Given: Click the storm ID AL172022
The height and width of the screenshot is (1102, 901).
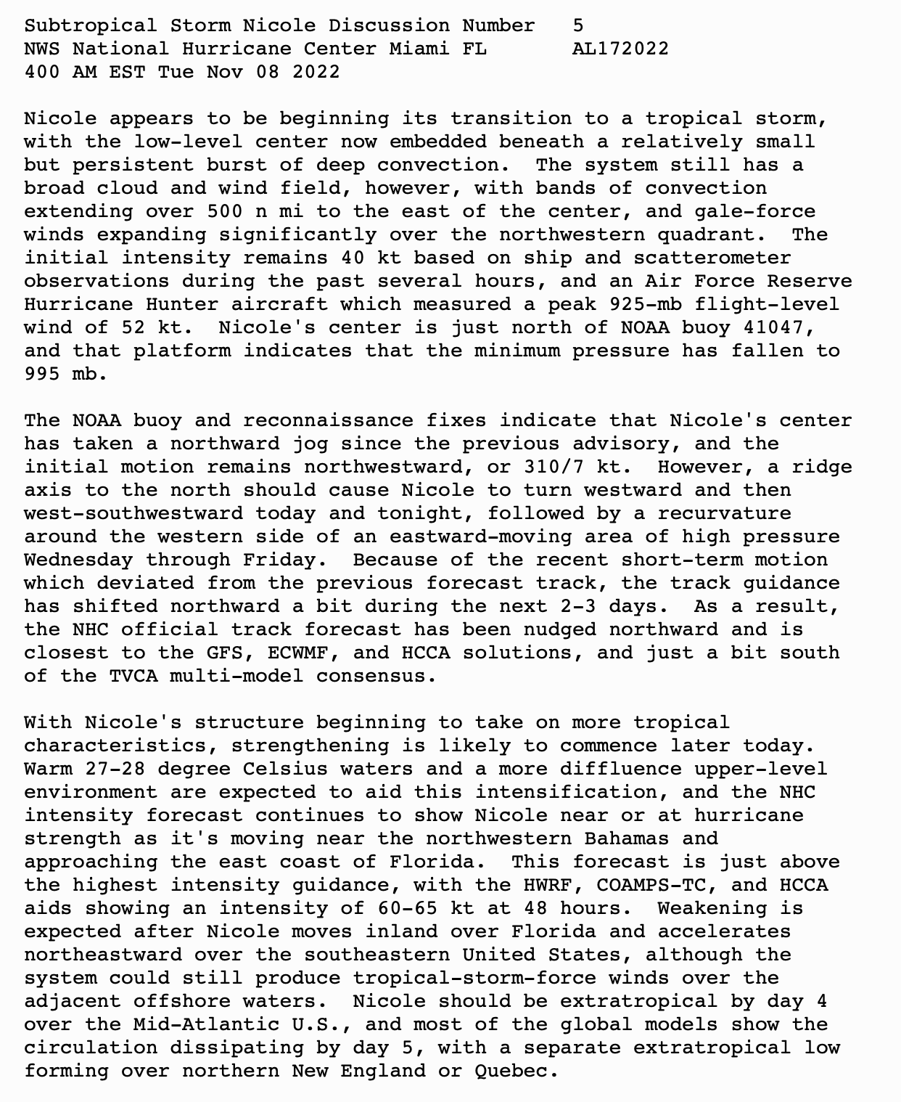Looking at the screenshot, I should click(620, 49).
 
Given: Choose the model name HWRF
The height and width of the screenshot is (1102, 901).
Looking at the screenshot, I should click(548, 885).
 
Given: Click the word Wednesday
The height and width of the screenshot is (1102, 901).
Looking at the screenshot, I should click(78, 560).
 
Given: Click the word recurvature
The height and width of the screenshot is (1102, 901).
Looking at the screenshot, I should click(724, 513).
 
